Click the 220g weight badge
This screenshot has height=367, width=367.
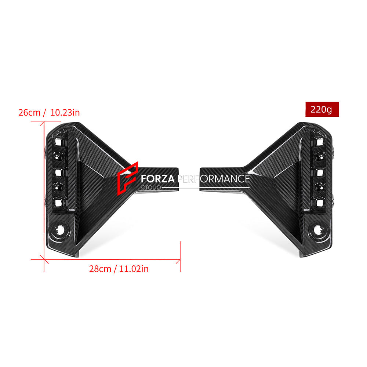[x=322, y=109]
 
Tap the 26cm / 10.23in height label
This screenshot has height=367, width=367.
[x=49, y=113]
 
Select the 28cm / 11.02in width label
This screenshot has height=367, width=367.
[x=119, y=269]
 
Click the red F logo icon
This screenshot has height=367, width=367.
[x=128, y=178]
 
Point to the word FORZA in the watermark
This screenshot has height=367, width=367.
[x=158, y=179]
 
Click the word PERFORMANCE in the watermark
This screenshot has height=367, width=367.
[x=214, y=179]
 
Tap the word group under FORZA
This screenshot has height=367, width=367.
[x=151, y=187]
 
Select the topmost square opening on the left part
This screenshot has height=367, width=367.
[x=58, y=142]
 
